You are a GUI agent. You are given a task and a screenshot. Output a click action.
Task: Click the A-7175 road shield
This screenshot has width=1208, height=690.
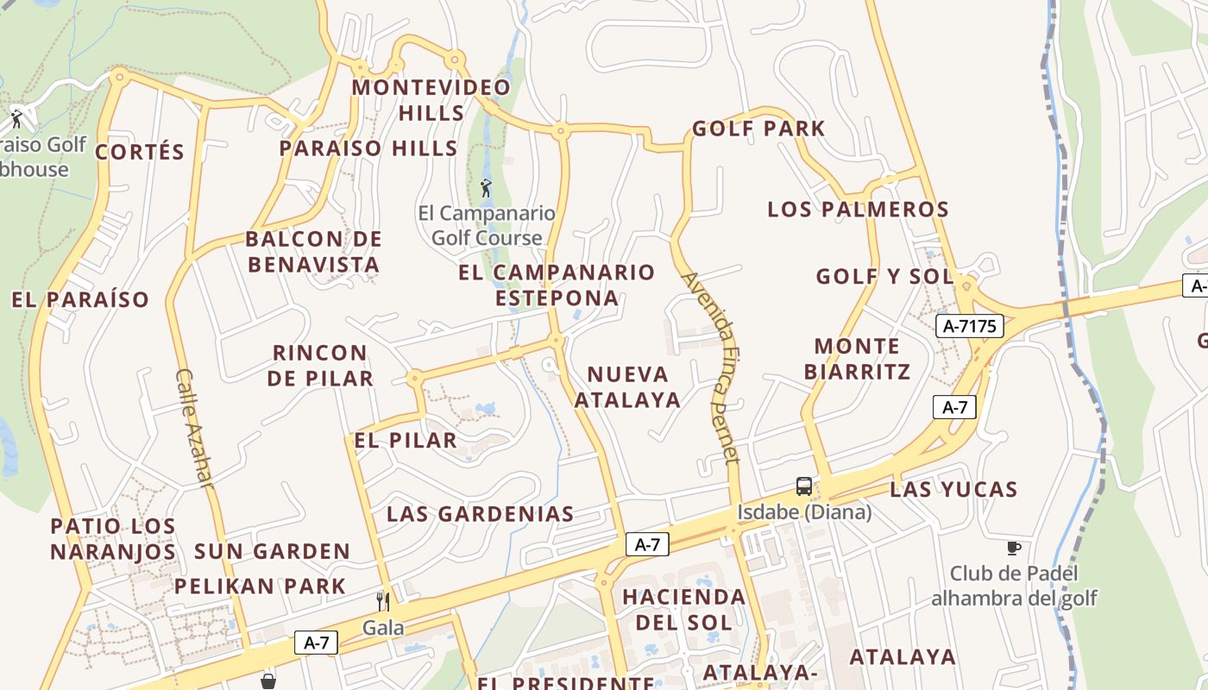click(970, 326)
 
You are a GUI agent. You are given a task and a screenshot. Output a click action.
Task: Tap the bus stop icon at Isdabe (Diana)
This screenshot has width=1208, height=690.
click(803, 486)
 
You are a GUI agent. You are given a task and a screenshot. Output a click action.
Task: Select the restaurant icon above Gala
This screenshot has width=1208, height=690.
click(383, 601)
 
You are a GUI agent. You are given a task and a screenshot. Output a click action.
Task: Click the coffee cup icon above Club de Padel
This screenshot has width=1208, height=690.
click(1014, 548)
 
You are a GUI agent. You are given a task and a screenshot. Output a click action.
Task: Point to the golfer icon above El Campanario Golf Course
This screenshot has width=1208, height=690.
click(486, 187)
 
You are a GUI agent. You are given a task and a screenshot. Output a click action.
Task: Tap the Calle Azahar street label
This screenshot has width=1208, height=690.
click(193, 428)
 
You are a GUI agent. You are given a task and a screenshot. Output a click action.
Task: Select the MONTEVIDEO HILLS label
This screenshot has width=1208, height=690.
click(431, 100)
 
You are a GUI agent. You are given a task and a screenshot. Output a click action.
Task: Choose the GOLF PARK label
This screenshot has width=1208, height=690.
click(758, 129)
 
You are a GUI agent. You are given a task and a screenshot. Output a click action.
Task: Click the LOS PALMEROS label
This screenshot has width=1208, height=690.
click(858, 210)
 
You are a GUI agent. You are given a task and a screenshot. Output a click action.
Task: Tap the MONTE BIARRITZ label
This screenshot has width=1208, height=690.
click(857, 359)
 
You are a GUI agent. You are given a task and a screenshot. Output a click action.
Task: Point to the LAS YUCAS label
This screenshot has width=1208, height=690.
click(953, 490)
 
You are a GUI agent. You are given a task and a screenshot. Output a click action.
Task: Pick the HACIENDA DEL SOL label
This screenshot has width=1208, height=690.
click(683, 609)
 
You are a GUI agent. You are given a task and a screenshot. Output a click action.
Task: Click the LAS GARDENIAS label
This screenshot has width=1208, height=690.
click(480, 514)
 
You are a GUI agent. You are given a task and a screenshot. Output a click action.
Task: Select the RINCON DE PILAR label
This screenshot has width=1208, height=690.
click(320, 366)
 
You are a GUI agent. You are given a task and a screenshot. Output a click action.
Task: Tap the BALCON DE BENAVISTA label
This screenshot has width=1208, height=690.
click(313, 252)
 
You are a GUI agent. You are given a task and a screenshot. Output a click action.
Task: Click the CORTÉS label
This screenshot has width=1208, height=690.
click(140, 153)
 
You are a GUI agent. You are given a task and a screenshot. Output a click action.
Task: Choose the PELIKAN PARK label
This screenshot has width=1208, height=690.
click(260, 586)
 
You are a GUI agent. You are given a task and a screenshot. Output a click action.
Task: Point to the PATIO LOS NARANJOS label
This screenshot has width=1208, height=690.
click(113, 539)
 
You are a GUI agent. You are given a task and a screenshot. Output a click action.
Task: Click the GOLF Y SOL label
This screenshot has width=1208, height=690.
click(885, 277)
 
